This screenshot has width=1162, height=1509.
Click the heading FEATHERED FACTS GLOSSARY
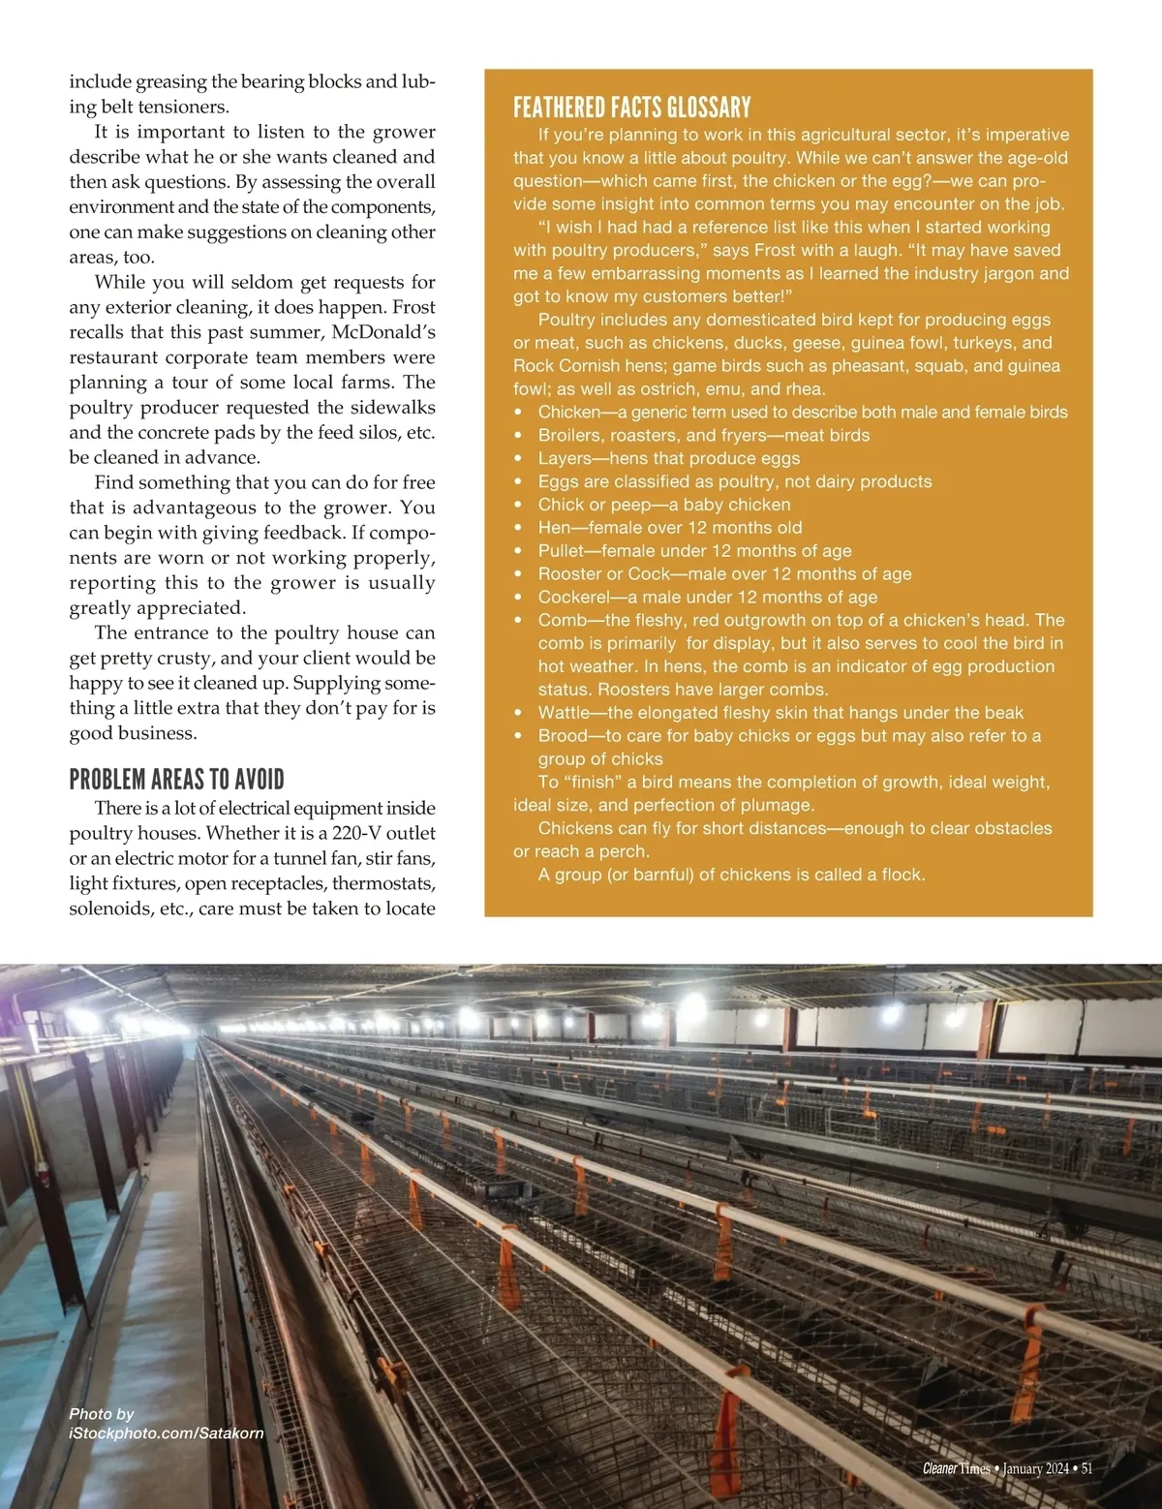pyautogui.click(x=631, y=107)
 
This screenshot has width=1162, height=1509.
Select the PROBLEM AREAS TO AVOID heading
pyautogui.click(x=177, y=780)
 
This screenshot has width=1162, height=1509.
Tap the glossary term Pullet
pyautogui.click(x=562, y=550)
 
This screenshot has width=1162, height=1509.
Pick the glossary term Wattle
pyautogui.click(x=564, y=712)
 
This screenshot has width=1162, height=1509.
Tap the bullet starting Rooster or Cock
pyautogui.click(x=724, y=573)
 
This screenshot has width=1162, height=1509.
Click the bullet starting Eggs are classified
pyautogui.click(x=734, y=481)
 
